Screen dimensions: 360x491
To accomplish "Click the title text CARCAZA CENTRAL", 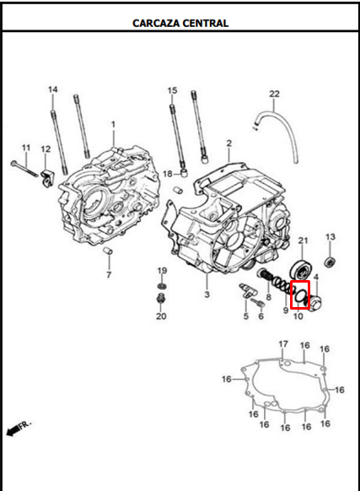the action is point(180,23).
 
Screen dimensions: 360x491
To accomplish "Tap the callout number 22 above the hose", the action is point(274,94).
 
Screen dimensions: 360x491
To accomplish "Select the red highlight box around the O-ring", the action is point(300,294).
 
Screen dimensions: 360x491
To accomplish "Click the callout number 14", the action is point(53,89).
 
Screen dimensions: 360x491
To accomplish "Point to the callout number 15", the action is point(172,90).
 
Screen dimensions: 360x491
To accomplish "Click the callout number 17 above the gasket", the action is point(283,344).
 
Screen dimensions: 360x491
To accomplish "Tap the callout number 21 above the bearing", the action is point(303,240).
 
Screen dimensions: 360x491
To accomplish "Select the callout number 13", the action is point(330,237).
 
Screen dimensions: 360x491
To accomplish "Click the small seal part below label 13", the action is point(330,262).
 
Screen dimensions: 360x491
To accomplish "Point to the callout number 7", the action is point(109,275).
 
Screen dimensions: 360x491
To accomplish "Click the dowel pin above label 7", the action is point(108,251).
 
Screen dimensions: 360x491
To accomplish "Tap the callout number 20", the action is point(161,316).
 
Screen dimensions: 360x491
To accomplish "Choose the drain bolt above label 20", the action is point(161,299).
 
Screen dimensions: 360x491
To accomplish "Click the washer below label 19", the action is point(162,286).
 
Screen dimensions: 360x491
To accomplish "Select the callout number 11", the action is point(26,148).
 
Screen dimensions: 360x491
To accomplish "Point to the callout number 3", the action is point(207,294).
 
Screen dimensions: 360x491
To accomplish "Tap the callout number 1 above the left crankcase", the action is point(113,125).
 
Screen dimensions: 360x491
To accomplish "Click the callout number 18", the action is point(168,174).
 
